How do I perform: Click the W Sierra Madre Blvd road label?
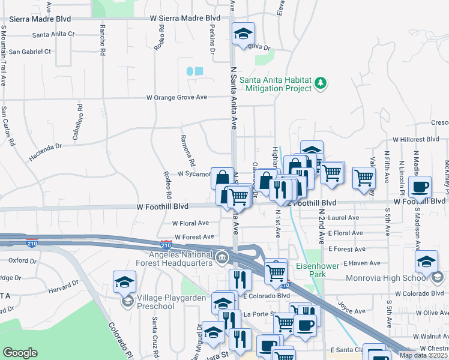(185, 19)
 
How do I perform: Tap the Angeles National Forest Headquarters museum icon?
(222, 257)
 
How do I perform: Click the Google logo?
(20, 352)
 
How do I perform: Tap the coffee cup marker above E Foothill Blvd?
(420, 187)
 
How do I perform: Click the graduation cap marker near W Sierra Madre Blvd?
(243, 33)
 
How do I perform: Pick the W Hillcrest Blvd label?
(415, 139)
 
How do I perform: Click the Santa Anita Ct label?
(53, 34)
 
